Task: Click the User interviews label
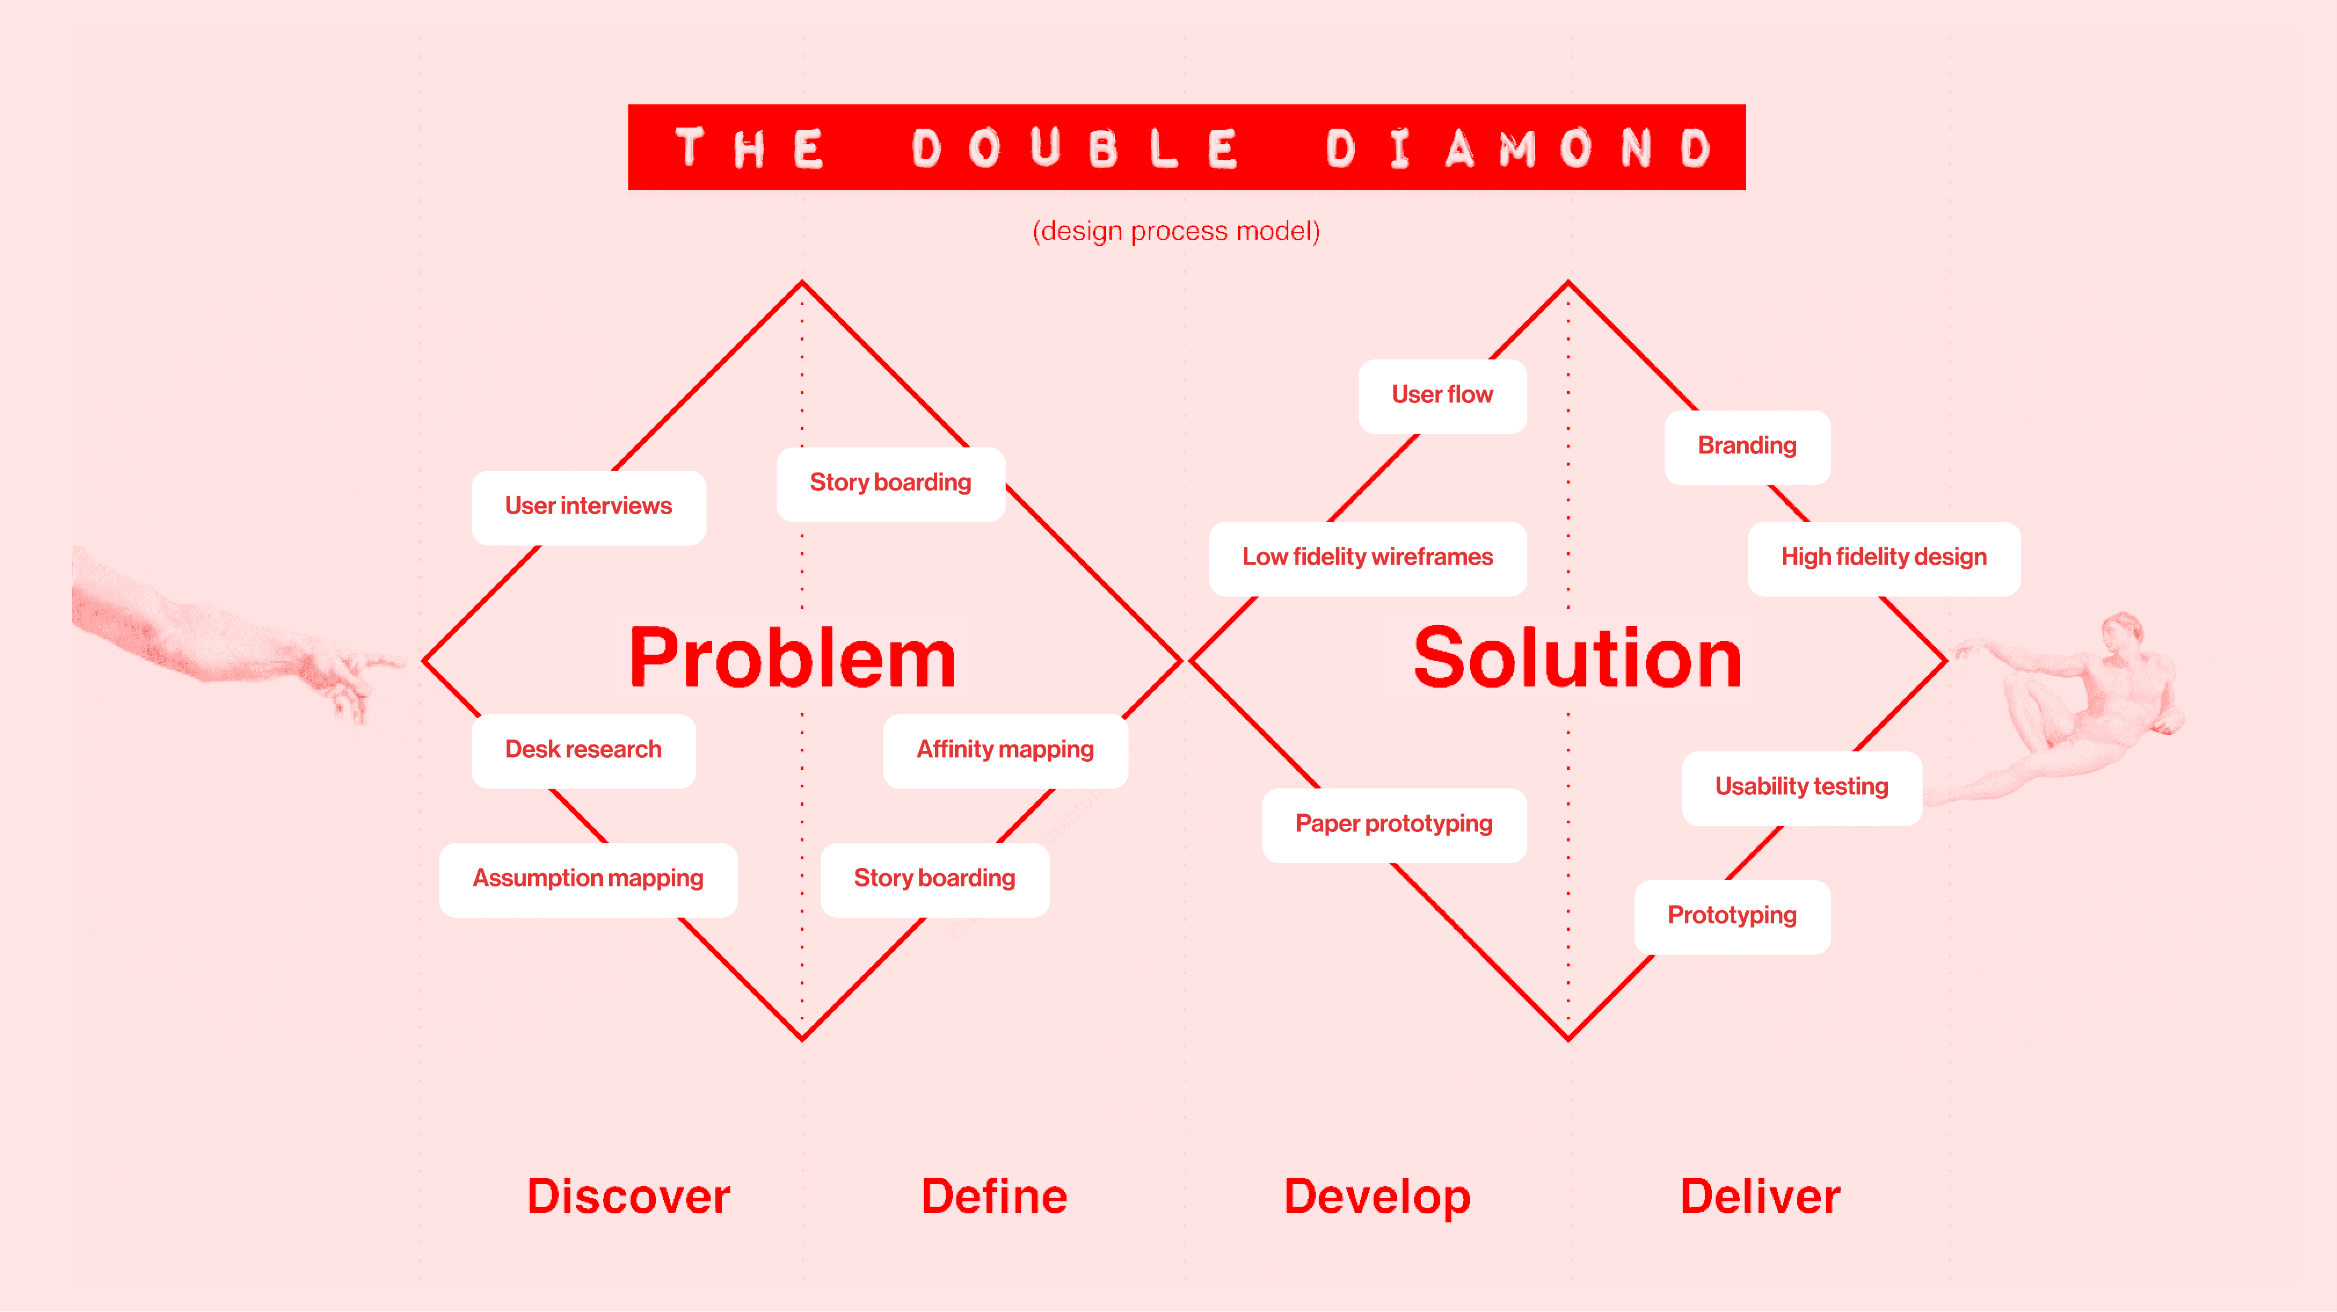coord(588,506)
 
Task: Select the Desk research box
coord(583,750)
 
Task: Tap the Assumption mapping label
coord(588,878)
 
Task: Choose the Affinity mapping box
coord(1004,750)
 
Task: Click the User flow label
coord(1441,395)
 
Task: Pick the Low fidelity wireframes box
coord(1367,557)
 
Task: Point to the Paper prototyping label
coord(1393,824)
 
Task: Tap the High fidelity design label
coord(1883,557)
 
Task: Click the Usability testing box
coord(1801,787)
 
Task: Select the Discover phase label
coord(628,1196)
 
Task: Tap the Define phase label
coord(993,1196)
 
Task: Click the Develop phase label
coord(1376,1196)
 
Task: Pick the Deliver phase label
coord(1760,1196)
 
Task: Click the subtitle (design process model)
coord(1176,231)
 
